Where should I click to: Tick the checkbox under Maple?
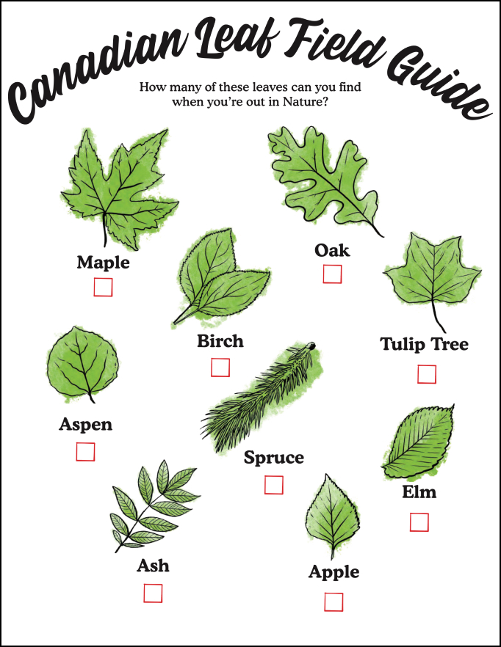coord(103,287)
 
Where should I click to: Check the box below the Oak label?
coord(332,274)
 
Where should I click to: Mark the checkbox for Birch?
coord(220,367)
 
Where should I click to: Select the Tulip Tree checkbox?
coord(426,374)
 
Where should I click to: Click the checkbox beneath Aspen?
coord(85,452)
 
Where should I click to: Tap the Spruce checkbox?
coord(274,485)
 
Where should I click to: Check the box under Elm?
coord(419,522)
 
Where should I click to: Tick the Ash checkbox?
coord(153,593)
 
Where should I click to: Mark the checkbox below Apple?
coord(334,602)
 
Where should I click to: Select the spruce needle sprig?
coord(261,396)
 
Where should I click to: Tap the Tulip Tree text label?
coord(424,344)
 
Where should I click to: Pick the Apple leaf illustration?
coord(333,517)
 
